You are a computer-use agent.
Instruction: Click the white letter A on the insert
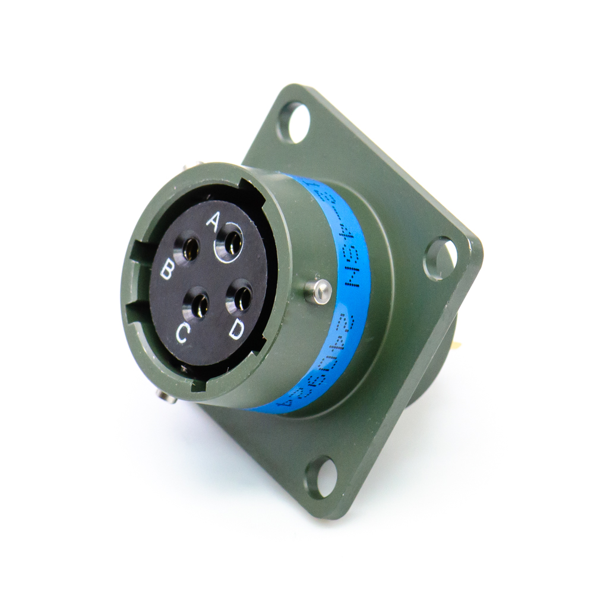pyautogui.click(x=212, y=221)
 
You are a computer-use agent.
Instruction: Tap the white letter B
pyautogui.click(x=168, y=271)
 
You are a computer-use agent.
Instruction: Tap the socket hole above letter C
pyautogui.click(x=198, y=305)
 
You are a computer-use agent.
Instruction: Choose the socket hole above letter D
pyautogui.click(x=241, y=298)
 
